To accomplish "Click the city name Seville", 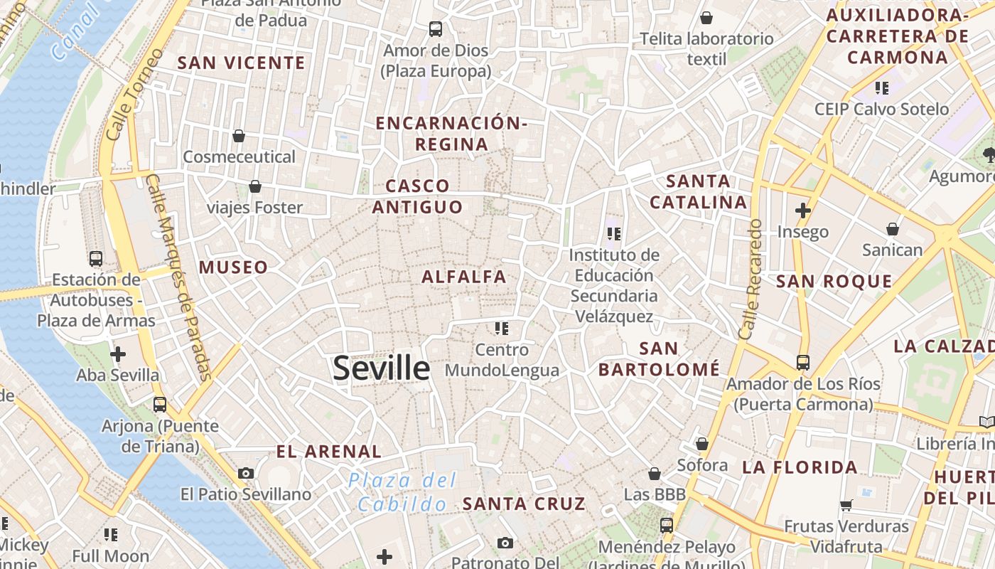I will coord(382,368).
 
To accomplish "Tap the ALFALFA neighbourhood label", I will coord(464,277).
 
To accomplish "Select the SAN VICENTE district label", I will coord(241,63).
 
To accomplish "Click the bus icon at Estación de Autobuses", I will coord(96,258).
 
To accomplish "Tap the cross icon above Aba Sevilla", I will coord(118,353).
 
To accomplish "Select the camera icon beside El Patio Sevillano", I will coord(246,473).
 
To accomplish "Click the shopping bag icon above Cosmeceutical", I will coord(239,135).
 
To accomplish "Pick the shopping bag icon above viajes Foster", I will coord(255,186).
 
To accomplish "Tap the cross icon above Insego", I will coord(803,211).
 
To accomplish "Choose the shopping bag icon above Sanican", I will coord(893,229).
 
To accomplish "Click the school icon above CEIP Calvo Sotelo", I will coord(882,88).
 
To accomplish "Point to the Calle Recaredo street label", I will coord(750,279).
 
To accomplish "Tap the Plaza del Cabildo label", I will coord(402,492).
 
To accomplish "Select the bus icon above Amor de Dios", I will coord(436,29).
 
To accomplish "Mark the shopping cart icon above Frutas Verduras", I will coord(846,505).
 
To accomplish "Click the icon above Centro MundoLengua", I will coord(502,328).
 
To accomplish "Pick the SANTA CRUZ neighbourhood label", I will coord(524,504).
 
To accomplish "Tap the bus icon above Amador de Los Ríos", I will coord(803,363).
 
